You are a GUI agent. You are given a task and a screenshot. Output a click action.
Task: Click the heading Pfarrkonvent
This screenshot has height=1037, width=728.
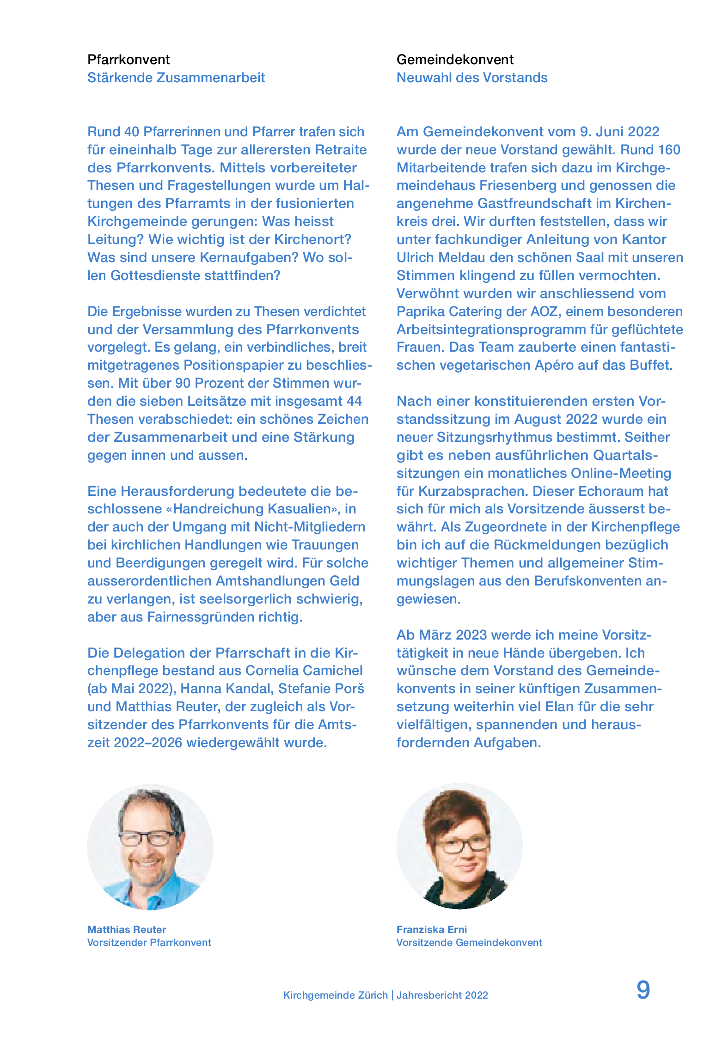click(128, 60)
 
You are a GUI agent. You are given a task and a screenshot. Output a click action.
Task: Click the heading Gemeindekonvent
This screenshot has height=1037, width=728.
click(455, 60)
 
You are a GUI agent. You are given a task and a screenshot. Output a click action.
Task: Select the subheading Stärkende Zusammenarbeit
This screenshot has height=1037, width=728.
click(176, 78)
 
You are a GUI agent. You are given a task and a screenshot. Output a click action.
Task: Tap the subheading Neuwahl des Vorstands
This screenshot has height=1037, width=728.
click(472, 78)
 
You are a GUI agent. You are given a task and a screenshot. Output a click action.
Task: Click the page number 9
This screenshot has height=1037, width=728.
click(643, 990)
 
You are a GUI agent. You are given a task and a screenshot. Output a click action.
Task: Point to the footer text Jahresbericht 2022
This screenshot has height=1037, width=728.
click(442, 995)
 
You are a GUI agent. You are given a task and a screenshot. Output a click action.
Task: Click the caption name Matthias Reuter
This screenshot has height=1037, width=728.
click(127, 929)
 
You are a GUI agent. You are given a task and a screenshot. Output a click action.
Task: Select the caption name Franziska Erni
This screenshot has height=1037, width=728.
click(432, 929)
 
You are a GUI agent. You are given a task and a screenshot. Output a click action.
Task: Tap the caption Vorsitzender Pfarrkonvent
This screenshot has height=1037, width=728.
click(149, 942)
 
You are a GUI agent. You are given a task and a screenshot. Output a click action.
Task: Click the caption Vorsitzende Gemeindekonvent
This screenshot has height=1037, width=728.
click(469, 942)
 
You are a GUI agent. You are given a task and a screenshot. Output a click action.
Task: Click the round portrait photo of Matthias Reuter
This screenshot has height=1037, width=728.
click(150, 847)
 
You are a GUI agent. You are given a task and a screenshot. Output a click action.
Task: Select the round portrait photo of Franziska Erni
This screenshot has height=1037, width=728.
click(459, 846)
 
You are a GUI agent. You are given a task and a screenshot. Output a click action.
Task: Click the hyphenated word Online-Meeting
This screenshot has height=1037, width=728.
click(621, 473)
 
